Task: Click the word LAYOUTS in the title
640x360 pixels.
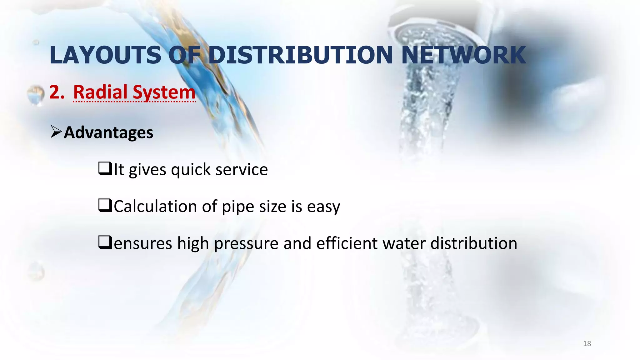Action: (x=106, y=55)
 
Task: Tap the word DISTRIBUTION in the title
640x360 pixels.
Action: (x=300, y=55)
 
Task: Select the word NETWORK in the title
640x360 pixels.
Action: (x=464, y=55)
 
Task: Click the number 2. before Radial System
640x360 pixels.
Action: (x=57, y=92)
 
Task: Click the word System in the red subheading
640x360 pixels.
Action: (x=164, y=93)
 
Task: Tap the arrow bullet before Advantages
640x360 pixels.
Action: (x=56, y=132)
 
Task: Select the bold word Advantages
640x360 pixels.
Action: (x=108, y=132)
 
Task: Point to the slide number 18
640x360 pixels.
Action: (x=587, y=344)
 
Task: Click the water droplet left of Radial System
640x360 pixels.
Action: (x=35, y=95)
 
